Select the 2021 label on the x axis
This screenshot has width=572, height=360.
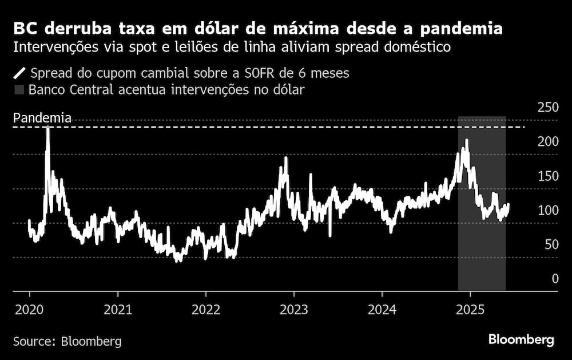[118, 310]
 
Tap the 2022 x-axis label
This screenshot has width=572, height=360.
[206, 310]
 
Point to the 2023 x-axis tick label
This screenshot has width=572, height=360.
[293, 310]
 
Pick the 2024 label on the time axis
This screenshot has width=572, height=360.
[382, 310]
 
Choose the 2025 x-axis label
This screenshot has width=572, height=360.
[470, 310]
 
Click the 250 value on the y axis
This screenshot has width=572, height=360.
[548, 107]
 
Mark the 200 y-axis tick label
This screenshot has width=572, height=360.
[548, 141]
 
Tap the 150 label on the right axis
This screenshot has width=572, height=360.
[548, 176]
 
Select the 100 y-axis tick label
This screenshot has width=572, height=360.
[548, 210]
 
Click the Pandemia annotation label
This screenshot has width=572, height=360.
[42, 118]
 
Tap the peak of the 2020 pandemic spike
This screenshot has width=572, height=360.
[47, 128]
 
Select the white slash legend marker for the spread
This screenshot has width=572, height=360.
[20, 73]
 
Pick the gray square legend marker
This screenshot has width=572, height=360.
[20, 90]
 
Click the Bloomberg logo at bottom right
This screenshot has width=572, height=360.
[521, 340]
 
